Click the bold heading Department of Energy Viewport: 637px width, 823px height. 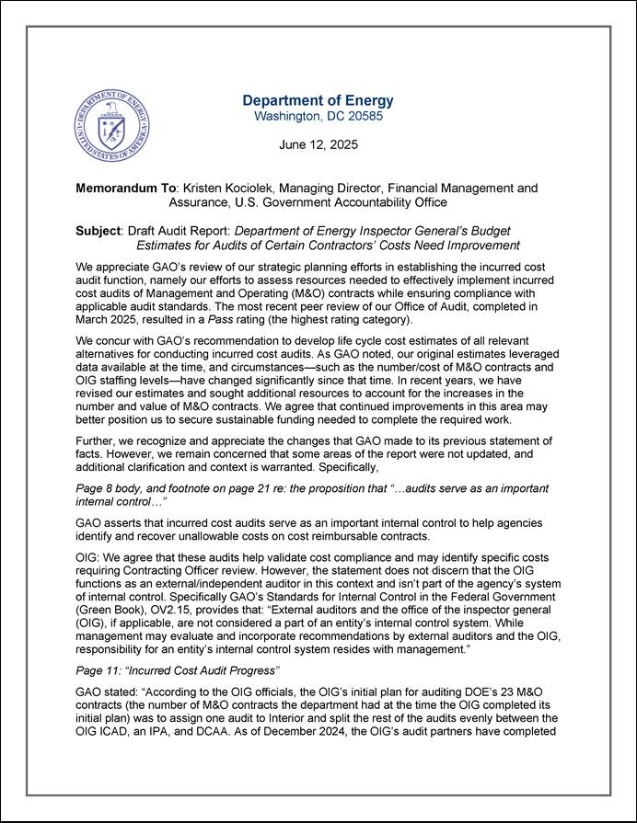(x=318, y=100)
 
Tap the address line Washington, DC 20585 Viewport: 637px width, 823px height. (x=318, y=117)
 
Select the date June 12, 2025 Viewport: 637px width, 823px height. (x=318, y=144)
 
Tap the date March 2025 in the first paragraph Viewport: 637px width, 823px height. (x=111, y=319)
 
